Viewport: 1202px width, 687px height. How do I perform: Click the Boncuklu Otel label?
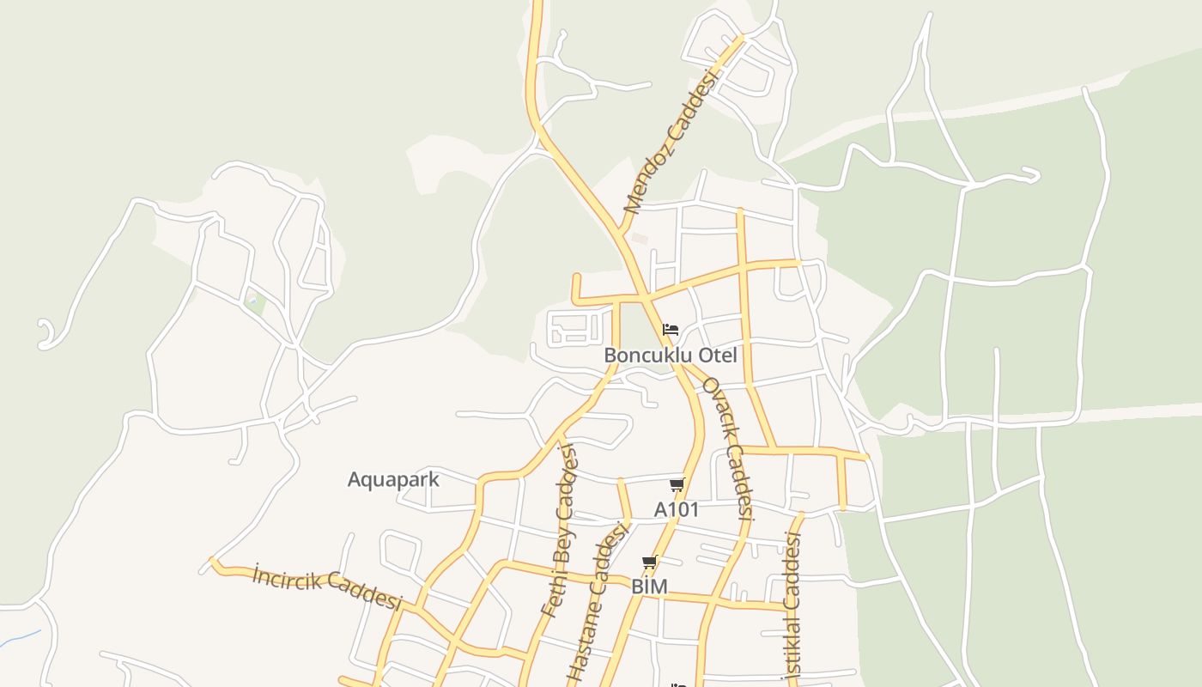670,356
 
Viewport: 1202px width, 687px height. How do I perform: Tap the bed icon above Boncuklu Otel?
671,330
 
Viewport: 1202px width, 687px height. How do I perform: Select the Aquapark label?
393,479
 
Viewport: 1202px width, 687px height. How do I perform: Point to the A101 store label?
677,509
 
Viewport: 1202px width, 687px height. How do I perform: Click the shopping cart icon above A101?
677,485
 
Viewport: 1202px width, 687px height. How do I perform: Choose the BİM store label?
649,587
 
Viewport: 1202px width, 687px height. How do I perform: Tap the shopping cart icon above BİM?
650,563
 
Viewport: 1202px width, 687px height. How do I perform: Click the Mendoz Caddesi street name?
671,143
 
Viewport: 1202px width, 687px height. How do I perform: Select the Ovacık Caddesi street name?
728,448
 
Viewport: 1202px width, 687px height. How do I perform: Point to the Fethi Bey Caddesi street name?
560,532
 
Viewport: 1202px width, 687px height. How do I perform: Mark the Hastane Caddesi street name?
598,605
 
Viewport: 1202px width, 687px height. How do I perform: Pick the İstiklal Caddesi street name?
792,605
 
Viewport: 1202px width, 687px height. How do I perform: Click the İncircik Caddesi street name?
327,587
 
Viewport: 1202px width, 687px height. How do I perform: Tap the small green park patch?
253,301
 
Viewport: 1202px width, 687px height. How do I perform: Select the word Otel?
717,356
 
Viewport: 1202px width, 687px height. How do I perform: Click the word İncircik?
286,577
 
